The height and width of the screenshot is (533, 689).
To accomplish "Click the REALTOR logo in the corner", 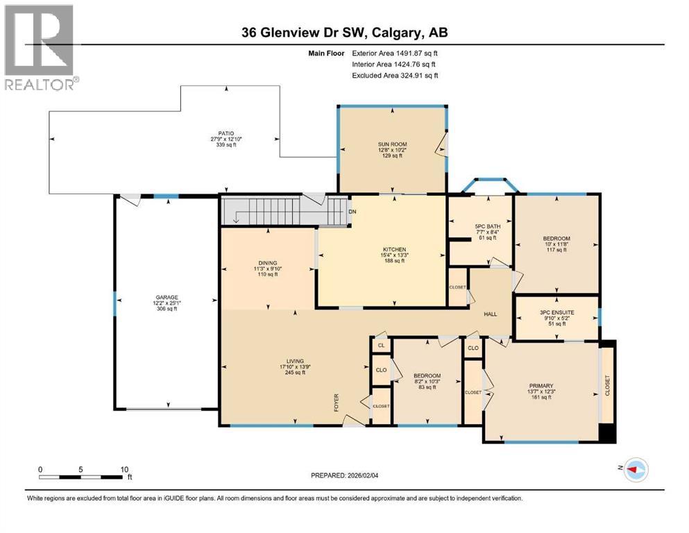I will [40, 48].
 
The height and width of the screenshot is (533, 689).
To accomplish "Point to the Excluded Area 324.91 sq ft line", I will [395, 75].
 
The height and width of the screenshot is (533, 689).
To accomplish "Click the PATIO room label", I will [223, 133].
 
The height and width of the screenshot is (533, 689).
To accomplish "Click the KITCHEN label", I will [395, 250].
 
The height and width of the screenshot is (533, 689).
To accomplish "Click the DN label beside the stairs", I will [352, 212].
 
